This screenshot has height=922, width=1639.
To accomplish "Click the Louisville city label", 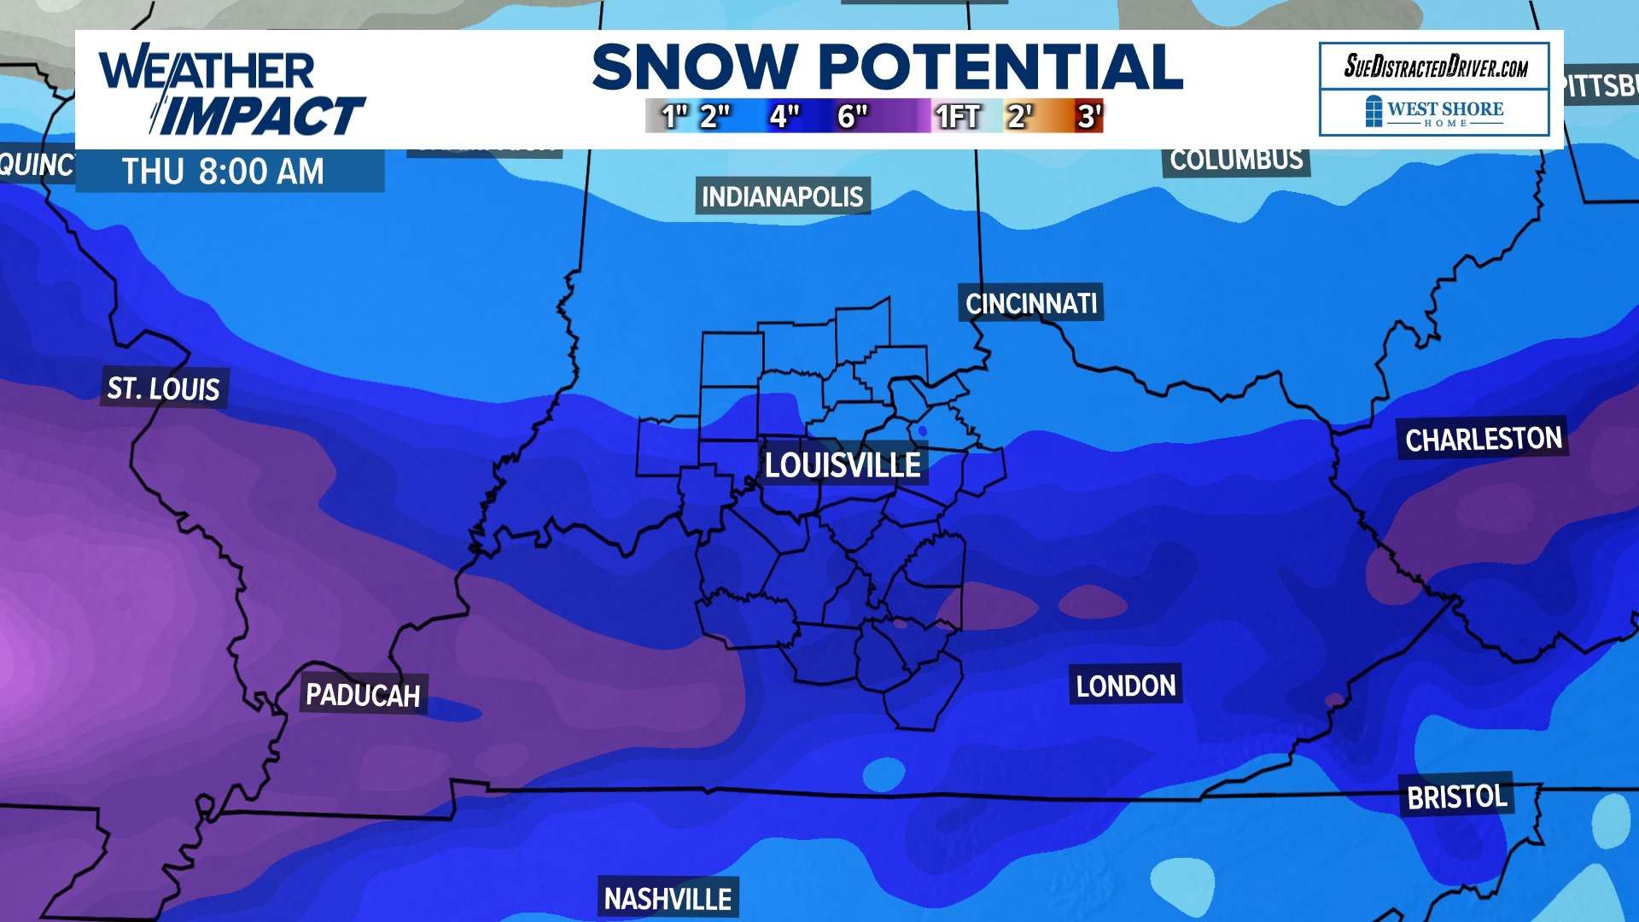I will coord(843,465).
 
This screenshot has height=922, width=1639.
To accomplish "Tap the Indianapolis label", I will coord(782,197).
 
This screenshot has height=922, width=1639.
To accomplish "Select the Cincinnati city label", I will coord(1031,303).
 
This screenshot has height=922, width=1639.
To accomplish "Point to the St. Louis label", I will coord(164,388).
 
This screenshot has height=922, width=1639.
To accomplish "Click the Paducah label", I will coord(363,695).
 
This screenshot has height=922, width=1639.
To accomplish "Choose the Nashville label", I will coord(668,898).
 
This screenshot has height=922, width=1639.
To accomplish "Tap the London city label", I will coord(1125,686).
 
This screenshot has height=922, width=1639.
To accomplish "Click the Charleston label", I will coord(1483,439).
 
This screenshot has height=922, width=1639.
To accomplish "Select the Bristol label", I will coord(1456,797).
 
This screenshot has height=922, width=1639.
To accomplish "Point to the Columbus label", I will coord(1236,160).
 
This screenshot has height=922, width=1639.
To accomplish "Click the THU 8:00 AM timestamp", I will coord(224,172).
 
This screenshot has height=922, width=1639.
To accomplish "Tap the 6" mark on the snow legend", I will coord(852,116).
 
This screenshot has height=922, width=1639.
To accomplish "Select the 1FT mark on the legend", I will coord(958,116).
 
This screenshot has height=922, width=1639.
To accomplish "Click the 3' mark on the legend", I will coord(1088,116).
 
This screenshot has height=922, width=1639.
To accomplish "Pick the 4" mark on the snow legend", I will coord(784,116).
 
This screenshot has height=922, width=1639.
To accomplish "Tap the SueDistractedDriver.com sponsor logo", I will coord(1435,66).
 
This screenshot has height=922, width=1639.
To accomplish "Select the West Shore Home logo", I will coord(1435,112).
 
